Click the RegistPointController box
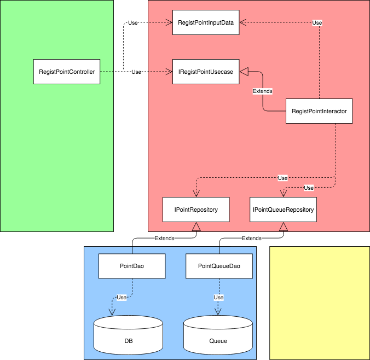click(67, 72)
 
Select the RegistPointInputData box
click(206, 22)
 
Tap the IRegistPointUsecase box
click(206, 72)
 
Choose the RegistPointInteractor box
click(319, 111)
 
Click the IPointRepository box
click(196, 210)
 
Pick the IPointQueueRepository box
click(284, 210)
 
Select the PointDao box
click(132, 265)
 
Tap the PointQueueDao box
click(219, 265)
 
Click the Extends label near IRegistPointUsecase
click(263, 91)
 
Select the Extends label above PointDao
click(164, 239)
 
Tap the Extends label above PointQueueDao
click(251, 239)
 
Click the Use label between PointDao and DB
click(122, 297)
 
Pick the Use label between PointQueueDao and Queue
click(218, 297)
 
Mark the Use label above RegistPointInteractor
click(317, 22)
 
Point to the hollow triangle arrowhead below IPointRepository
click(196, 227)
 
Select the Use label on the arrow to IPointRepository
click(282, 178)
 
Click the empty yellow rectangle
click(320, 303)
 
